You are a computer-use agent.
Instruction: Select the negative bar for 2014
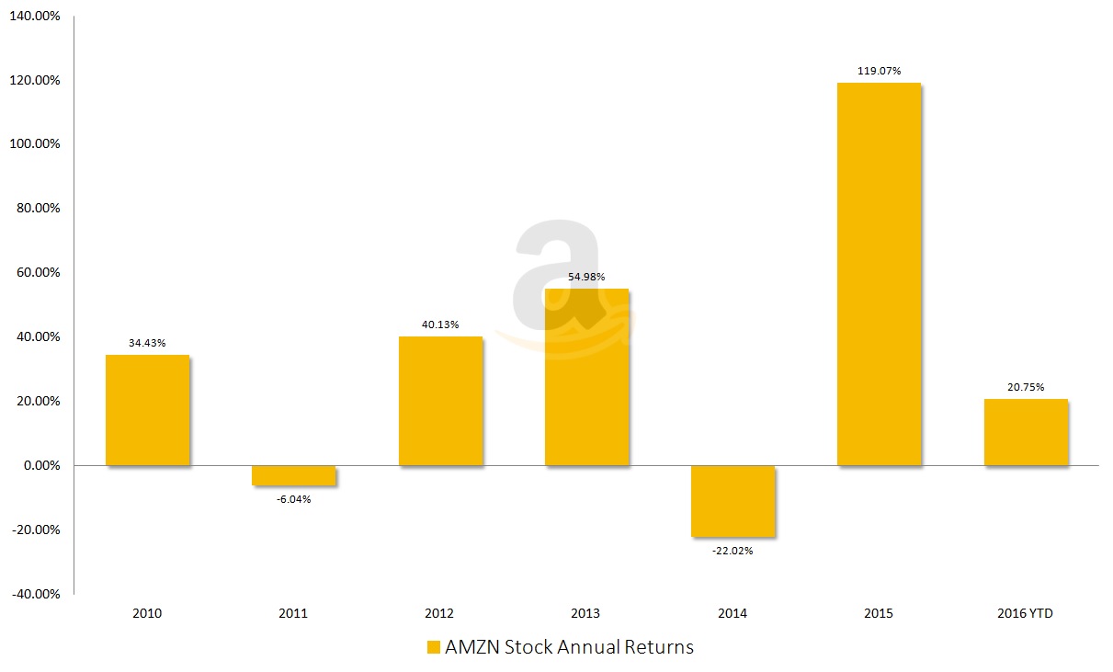[x=733, y=501]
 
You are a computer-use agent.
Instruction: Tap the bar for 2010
[x=147, y=410]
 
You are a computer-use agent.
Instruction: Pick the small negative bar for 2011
[x=293, y=475]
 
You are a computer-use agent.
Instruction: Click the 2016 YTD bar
[x=1026, y=432]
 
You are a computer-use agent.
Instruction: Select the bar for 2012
[x=440, y=401]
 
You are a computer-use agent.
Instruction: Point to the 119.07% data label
[x=880, y=70]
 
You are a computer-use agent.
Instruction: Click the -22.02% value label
[x=733, y=551]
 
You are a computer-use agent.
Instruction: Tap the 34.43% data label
[x=147, y=343]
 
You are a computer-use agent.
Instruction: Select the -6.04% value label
[x=293, y=499]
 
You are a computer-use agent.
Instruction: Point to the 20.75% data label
[x=1026, y=387]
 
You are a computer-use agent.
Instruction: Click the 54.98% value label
[x=586, y=278]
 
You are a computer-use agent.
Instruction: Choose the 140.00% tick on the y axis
[x=34, y=17]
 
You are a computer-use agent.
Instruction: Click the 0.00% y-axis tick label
[x=38, y=466]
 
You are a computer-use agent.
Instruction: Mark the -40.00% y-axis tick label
[x=36, y=594]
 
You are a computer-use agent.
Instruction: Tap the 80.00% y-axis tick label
[x=38, y=209]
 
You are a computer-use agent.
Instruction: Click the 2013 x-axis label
[x=586, y=613]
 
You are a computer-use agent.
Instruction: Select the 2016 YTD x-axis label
[x=1026, y=613]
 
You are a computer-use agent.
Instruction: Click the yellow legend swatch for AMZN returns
[x=434, y=647]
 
